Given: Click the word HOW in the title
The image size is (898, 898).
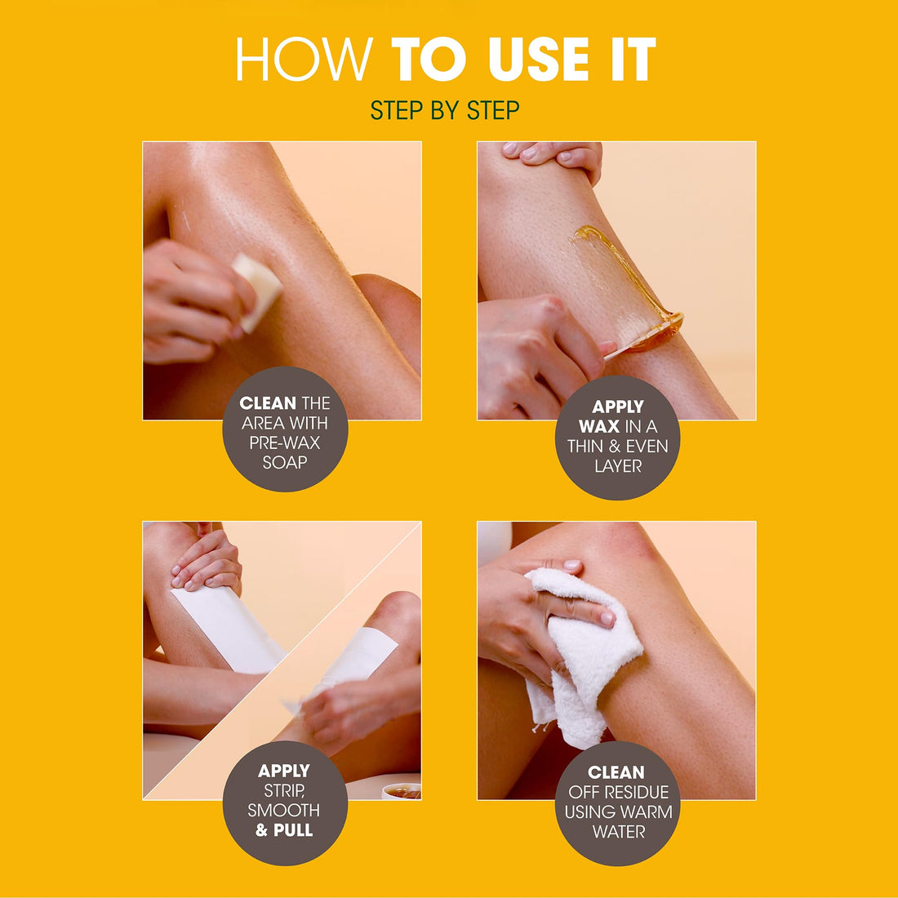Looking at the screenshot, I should pos(304,60).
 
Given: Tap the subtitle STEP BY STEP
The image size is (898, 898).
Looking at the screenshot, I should pos(445,110).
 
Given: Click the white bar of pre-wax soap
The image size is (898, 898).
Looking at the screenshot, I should pos(258,290).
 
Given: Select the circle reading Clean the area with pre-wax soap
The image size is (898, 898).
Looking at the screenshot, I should pos(285,432).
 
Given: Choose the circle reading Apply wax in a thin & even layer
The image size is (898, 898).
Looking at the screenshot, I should pos(618,437).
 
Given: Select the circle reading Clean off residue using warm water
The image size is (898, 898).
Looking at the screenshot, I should pos(618,802).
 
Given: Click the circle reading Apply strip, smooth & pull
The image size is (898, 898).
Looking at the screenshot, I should pos(285,802).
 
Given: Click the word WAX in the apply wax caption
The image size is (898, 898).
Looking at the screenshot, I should pos(598,426).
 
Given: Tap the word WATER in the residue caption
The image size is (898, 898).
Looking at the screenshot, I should pos(618,832).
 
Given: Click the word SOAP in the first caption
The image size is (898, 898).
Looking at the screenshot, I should pos(285,463).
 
